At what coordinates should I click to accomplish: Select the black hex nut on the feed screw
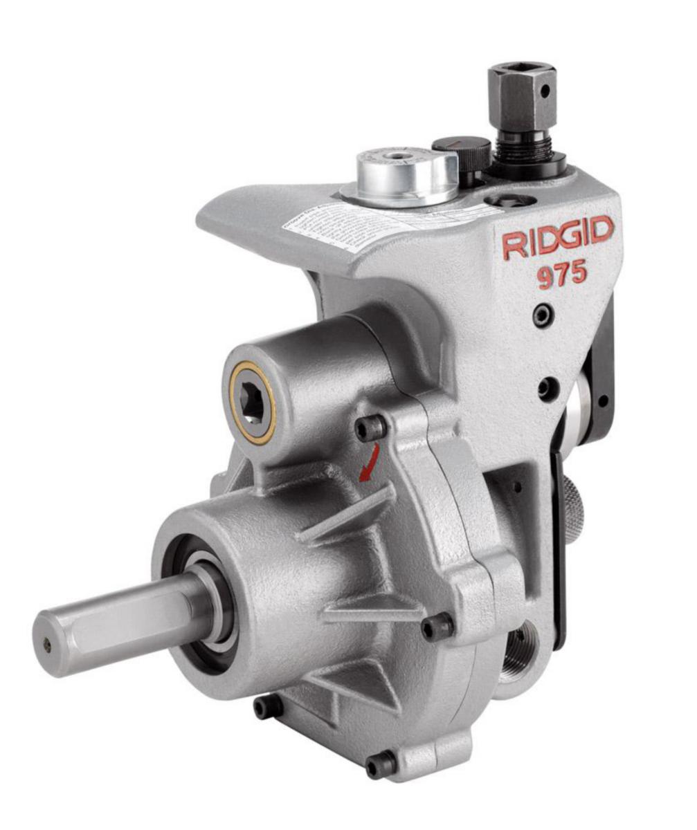521,89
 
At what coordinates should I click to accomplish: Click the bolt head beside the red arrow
371,429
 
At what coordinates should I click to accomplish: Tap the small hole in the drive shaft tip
46,645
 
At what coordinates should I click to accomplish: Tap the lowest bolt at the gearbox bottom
381,765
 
